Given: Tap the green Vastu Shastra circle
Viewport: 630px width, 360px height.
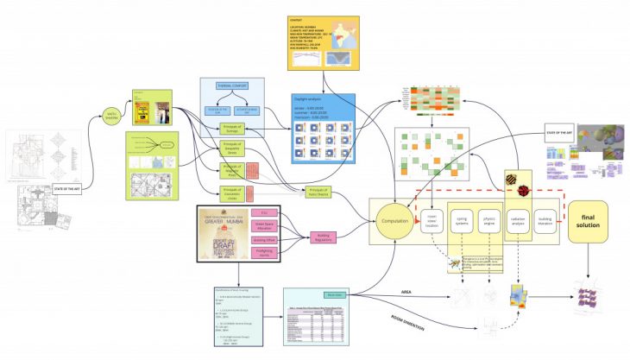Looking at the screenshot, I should tap(110, 115).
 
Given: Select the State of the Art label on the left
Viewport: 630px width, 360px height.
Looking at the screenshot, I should tap(67, 187).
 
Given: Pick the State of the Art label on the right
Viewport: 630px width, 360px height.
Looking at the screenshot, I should tap(560, 132).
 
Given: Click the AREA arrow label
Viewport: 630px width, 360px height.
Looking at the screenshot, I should tap(406, 292).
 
